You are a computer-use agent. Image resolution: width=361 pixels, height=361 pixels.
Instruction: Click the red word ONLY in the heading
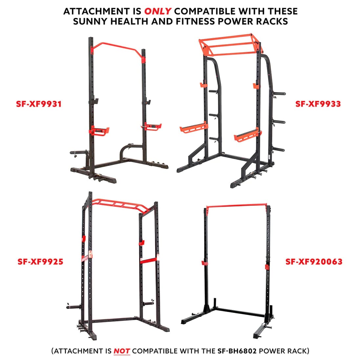[x=158, y=11]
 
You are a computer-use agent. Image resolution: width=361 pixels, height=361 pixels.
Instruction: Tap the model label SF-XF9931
[x=39, y=104]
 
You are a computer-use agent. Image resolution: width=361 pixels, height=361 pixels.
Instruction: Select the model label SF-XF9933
[x=318, y=104]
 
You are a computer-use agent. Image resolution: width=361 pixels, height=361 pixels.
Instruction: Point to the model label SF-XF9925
[x=40, y=262]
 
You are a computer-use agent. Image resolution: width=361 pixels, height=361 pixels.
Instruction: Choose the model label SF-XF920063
[x=314, y=262]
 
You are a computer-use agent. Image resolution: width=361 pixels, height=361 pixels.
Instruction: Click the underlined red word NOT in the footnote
[x=122, y=351]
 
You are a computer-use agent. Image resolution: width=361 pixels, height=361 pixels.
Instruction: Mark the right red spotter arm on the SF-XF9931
[x=151, y=126]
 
